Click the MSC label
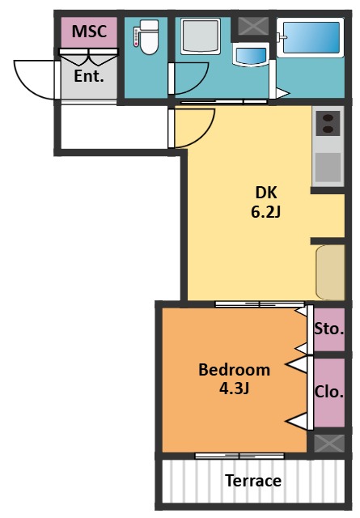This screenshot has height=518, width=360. [89, 32]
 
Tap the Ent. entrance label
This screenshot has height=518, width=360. [89, 76]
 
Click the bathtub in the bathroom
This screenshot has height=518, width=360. [311, 38]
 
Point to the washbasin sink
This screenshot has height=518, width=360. [251, 54]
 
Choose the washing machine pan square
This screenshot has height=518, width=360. [200, 36]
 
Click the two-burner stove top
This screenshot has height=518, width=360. [328, 123]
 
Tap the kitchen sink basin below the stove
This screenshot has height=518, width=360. [328, 167]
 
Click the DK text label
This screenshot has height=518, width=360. [266, 193]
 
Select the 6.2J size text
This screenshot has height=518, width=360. [265, 212]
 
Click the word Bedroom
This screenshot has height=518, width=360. [234, 370]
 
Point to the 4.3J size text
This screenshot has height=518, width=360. [234, 388]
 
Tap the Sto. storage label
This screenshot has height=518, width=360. [329, 329]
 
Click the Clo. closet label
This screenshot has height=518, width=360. [329, 392]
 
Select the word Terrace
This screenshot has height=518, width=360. [253, 481]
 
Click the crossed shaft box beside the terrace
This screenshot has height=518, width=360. [329, 443]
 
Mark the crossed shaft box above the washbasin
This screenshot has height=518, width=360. [253, 26]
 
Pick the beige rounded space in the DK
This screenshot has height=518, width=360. [330, 273]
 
